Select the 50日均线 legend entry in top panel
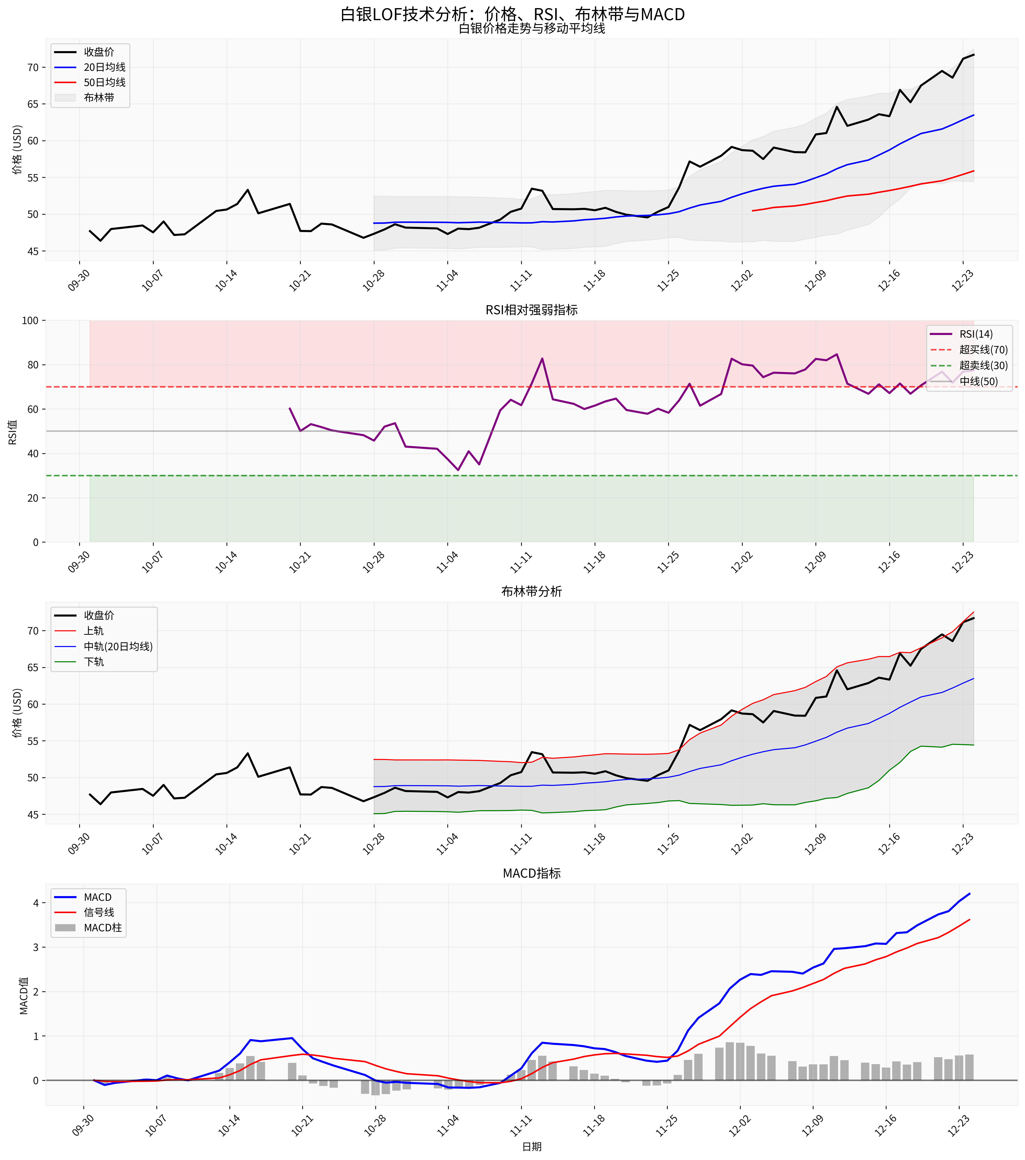(105, 82)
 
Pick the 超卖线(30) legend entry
(983, 365)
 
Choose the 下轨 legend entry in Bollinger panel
(94, 662)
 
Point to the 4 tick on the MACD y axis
(36, 903)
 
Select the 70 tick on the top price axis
(32, 68)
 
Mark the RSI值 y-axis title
(13, 431)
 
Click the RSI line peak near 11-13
(542, 359)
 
